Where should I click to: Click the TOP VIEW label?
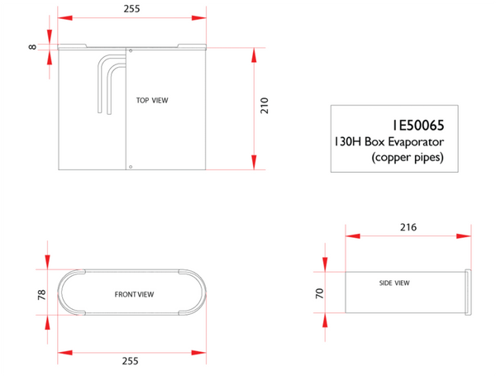coord(152,100)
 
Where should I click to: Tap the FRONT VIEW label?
coord(134,294)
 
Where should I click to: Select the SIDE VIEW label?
coord(394,283)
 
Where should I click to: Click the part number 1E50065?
coord(418,126)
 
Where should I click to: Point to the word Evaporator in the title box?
coord(416,141)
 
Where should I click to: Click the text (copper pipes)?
coord(408,157)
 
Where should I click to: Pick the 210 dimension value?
coord(265,106)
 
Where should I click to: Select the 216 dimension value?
coord(408,227)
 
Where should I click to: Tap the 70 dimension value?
coord(319,293)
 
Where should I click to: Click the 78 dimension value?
coord(42,295)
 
